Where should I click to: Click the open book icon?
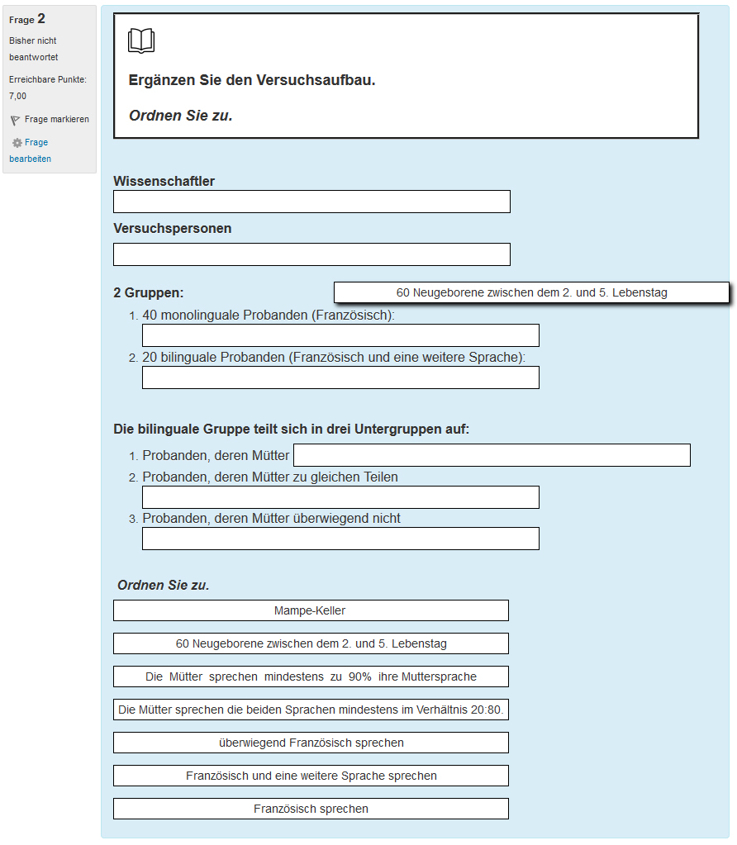(141, 40)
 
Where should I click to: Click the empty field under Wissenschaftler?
(311, 202)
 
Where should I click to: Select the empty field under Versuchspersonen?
(311, 254)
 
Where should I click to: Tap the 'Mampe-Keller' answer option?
(311, 610)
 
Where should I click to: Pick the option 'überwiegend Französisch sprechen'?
(311, 743)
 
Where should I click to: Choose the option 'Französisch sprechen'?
(311, 809)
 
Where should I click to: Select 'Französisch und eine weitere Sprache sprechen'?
(311, 776)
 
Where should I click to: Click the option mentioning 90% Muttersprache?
(311, 676)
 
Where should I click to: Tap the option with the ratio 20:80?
(311, 710)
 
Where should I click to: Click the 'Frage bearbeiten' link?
(33, 150)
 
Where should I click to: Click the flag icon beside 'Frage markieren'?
(15, 120)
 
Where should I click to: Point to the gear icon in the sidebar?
(17, 143)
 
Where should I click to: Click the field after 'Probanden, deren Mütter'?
(492, 455)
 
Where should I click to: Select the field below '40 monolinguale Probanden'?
(340, 335)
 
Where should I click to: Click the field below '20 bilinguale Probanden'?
(340, 377)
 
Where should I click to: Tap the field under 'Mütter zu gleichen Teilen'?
(340, 497)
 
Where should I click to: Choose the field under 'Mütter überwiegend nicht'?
(340, 539)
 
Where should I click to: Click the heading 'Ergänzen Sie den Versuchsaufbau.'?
(252, 80)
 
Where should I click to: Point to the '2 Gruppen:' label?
(149, 292)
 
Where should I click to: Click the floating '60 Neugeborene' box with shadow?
(531, 292)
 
